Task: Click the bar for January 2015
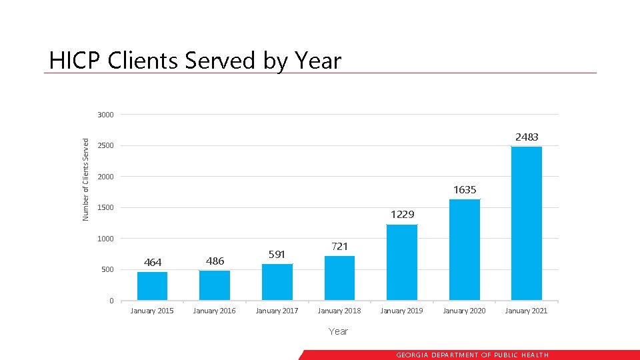[x=152, y=286]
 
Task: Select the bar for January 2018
[x=339, y=278]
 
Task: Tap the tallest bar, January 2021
[x=526, y=223]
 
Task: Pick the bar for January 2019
[x=402, y=262]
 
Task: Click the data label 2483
[x=526, y=137]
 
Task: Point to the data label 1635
[x=465, y=190]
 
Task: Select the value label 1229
[x=402, y=215]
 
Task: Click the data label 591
[x=277, y=254]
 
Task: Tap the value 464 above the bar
[x=153, y=262]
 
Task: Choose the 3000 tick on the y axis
[x=105, y=115]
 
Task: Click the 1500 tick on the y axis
[x=105, y=208]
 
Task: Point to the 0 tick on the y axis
[x=111, y=301]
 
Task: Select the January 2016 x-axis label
[x=214, y=311]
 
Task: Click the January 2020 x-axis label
[x=464, y=311]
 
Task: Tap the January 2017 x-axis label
[x=277, y=311]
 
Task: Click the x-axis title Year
[x=338, y=331]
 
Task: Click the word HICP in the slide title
[x=74, y=61]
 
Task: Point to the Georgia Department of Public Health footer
[x=472, y=355]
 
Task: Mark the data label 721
[x=339, y=246]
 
